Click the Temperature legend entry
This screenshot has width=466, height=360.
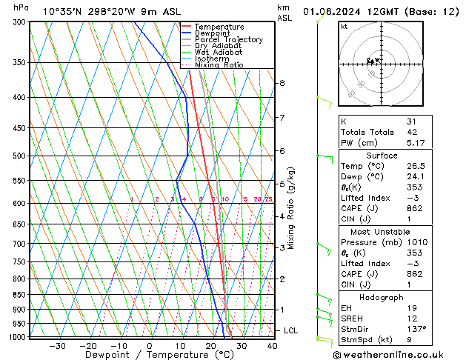(219, 27)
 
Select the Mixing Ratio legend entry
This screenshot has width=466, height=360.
(219, 65)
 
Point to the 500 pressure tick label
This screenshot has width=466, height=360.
(20, 156)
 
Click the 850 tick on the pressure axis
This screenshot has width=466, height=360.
(20, 295)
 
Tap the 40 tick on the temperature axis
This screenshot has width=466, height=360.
(272, 346)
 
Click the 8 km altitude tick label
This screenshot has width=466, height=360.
(282, 83)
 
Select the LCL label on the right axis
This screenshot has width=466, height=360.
(292, 330)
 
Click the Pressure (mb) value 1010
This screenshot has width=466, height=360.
(416, 241)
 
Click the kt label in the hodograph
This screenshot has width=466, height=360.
(344, 27)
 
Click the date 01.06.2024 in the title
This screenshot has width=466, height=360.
(330, 11)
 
